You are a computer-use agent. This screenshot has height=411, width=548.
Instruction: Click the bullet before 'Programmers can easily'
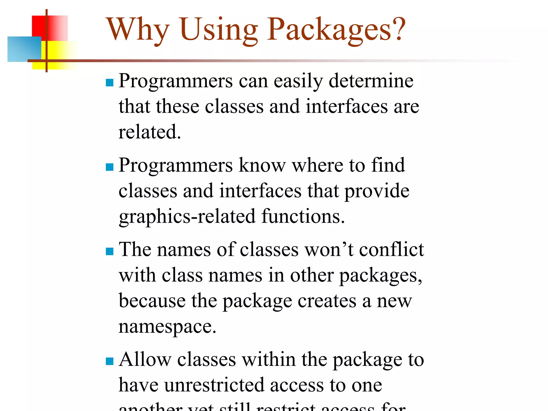tap(110, 82)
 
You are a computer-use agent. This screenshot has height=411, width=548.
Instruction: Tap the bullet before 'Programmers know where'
tap(110, 167)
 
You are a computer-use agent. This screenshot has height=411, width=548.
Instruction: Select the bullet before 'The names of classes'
tap(110, 251)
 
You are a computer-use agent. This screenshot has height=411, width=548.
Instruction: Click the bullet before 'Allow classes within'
tap(110, 361)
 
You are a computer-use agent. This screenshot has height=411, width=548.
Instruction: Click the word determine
tap(371, 81)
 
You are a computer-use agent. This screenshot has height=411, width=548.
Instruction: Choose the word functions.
tap(303, 216)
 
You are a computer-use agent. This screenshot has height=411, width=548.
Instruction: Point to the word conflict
tap(391, 250)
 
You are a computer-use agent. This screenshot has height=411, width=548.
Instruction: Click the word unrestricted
tap(214, 385)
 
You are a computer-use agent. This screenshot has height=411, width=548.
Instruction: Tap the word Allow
tap(145, 359)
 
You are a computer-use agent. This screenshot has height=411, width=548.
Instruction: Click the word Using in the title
tap(219, 30)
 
